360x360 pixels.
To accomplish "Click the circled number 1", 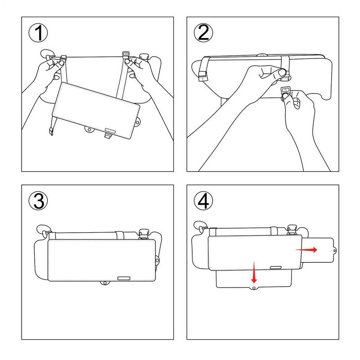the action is (x=38, y=33).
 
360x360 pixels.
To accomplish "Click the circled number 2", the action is (x=203, y=33).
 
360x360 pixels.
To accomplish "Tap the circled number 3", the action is (x=38, y=201).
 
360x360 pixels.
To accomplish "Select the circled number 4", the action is (x=203, y=201).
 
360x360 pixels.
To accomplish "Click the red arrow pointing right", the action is (x=306, y=250).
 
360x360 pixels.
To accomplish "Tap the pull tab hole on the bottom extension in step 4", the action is (x=254, y=288).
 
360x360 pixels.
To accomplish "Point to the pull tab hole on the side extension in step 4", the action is (x=334, y=250).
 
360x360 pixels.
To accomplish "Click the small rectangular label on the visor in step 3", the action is (x=124, y=278).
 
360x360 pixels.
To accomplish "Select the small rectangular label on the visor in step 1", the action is (x=110, y=130).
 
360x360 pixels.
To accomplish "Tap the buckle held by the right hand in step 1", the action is (x=126, y=55).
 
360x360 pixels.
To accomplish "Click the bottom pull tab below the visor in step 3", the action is (x=105, y=283).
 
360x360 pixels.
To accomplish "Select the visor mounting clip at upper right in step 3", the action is (x=144, y=234).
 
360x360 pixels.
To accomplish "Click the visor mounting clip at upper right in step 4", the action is (x=292, y=229).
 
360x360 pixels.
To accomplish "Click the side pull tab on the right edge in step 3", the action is (x=157, y=261).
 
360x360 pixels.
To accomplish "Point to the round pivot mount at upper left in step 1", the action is (x=48, y=54).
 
